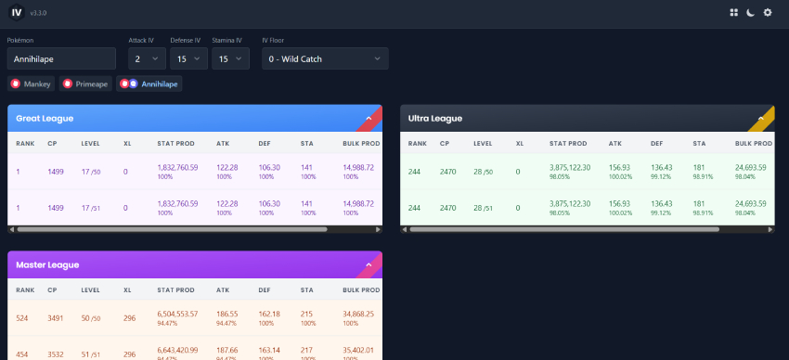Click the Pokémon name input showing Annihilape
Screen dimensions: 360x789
tap(61, 58)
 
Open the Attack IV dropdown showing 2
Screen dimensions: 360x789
tap(146, 58)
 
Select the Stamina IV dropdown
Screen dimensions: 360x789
tap(229, 58)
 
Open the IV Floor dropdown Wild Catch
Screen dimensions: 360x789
tap(324, 58)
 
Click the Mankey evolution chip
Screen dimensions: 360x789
tap(32, 84)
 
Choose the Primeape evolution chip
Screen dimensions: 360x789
tap(85, 84)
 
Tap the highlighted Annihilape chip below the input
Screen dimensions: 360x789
tap(149, 84)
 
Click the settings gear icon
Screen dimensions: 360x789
tap(768, 12)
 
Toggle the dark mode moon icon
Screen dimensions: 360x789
tap(751, 12)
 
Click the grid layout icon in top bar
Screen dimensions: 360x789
tap(734, 12)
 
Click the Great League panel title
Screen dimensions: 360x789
tap(45, 118)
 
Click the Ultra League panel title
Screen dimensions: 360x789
tap(435, 118)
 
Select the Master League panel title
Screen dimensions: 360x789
tap(47, 264)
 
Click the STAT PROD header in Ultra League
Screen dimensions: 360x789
tap(568, 144)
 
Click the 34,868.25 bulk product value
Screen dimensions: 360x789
tap(357, 315)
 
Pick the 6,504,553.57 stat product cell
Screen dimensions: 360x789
tap(177, 315)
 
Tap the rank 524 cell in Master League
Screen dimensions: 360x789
tap(23, 317)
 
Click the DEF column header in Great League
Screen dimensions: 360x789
tap(265, 144)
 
